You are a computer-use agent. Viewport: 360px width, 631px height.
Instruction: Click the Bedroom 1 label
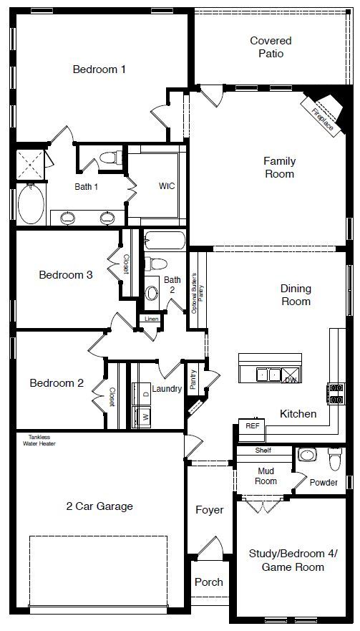tap(99, 69)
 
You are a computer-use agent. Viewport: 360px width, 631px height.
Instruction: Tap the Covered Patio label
tap(271, 47)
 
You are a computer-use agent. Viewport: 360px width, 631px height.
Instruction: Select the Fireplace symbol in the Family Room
tap(321, 111)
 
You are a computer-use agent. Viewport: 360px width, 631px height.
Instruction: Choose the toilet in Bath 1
tap(110, 158)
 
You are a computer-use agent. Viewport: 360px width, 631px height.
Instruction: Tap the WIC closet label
tap(167, 186)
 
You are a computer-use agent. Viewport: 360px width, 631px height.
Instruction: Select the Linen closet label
tap(151, 319)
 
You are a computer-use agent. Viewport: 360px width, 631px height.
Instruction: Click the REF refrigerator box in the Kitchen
tap(252, 425)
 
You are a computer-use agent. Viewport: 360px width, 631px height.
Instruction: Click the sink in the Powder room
tap(307, 455)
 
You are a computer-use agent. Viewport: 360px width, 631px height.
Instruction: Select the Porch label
tap(209, 582)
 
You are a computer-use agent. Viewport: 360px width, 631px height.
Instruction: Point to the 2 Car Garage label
tap(99, 506)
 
